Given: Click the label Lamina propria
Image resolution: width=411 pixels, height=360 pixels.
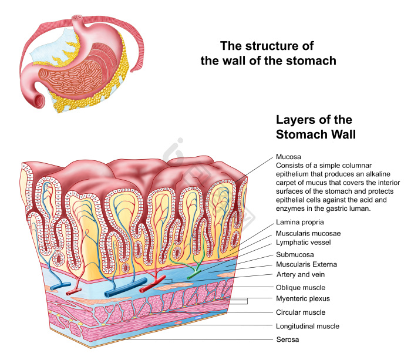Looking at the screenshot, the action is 299,223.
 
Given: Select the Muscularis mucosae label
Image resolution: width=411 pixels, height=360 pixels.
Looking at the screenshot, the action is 308,233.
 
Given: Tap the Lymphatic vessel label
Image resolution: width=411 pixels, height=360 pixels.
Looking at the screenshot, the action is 304,243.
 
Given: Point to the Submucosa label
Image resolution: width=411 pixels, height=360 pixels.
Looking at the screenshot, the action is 295,255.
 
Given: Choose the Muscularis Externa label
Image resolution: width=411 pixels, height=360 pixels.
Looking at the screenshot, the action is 306,264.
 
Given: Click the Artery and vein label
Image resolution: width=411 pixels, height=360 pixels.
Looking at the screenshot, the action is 301,274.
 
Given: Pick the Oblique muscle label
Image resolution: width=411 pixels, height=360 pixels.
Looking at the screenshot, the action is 301,288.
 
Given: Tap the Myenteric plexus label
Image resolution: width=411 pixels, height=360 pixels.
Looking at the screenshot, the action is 303,299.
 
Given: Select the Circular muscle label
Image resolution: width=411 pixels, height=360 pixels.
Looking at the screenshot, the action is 301,312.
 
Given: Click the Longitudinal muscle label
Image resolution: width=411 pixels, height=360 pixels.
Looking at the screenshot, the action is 308,326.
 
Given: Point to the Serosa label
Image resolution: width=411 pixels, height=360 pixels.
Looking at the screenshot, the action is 288,339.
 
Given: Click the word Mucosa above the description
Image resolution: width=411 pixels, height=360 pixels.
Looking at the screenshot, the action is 288,157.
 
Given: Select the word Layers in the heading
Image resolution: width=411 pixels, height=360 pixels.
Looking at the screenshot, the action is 294,120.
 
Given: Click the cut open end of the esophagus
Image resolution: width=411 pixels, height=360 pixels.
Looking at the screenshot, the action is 77,18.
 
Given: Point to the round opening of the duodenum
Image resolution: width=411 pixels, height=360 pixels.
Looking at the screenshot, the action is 38,101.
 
